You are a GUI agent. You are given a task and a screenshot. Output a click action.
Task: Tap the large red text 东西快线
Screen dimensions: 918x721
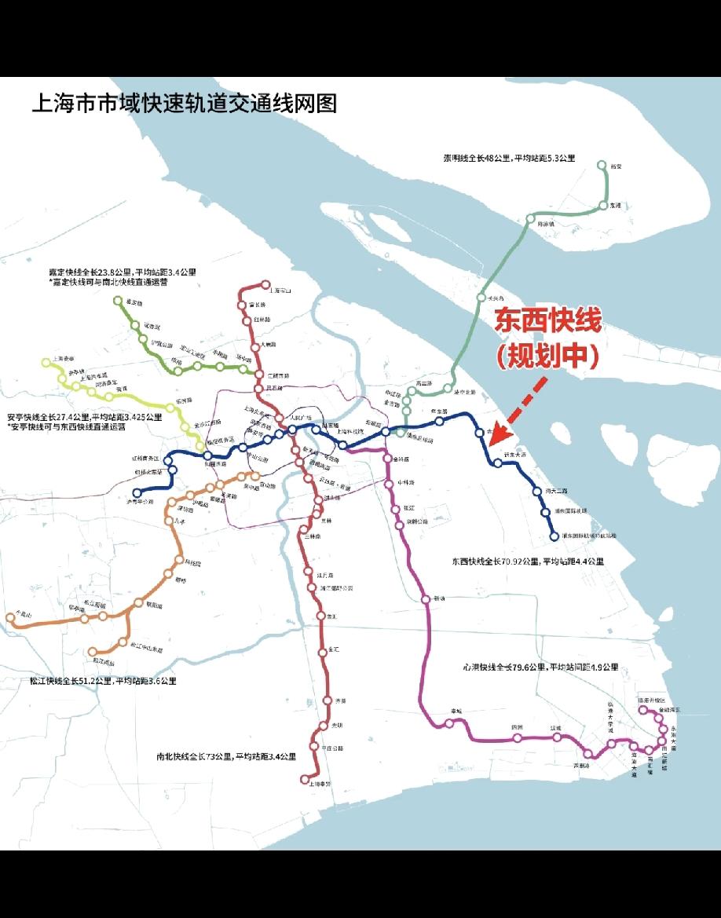click(x=547, y=322)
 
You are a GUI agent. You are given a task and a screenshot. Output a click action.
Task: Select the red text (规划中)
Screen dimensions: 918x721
click(x=547, y=356)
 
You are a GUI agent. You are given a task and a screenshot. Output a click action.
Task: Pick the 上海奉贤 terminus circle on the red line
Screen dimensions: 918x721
click(x=305, y=779)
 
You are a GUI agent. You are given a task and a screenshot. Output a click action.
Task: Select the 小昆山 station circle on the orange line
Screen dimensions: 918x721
click(x=11, y=617)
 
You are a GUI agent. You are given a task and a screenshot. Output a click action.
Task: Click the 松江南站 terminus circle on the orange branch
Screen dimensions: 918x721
click(x=93, y=652)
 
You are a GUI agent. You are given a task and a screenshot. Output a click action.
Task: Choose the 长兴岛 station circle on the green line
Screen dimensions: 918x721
click(x=481, y=298)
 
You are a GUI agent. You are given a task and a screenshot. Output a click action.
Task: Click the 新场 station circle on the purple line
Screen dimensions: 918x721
click(x=426, y=600)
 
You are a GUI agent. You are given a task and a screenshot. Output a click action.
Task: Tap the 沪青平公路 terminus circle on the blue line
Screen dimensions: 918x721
click(x=137, y=492)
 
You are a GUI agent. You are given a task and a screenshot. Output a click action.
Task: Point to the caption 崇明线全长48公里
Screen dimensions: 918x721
click(x=509, y=159)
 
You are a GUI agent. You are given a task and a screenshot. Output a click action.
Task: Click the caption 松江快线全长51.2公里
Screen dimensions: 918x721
click(x=91, y=681)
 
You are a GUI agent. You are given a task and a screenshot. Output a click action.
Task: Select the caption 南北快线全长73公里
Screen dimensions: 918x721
click(x=226, y=757)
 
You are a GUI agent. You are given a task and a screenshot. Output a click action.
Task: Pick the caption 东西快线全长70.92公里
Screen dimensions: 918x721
click(x=528, y=561)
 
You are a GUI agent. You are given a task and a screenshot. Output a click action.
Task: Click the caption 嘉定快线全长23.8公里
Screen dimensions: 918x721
click(x=122, y=272)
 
